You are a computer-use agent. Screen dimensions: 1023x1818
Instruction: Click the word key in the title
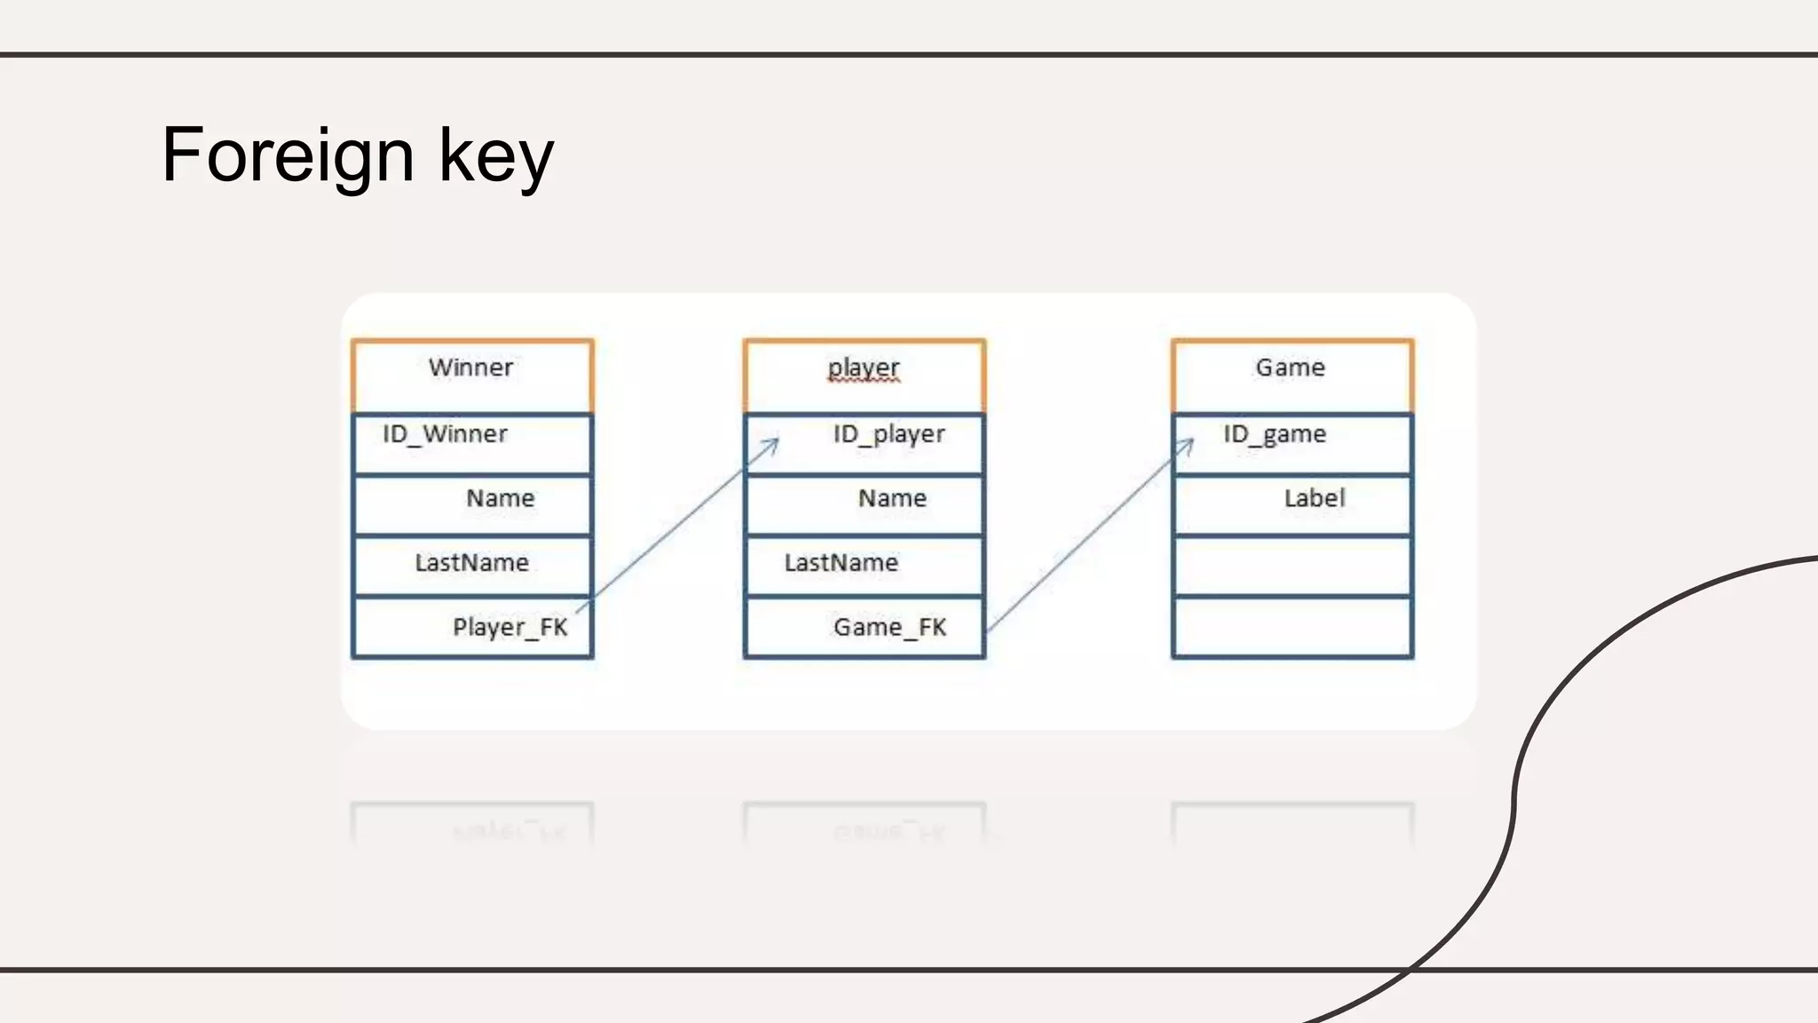click(x=495, y=156)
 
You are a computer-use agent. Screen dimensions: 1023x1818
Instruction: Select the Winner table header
click(x=471, y=368)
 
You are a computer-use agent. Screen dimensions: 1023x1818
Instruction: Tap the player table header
click(x=864, y=368)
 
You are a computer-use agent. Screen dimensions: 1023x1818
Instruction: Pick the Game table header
click(x=1290, y=368)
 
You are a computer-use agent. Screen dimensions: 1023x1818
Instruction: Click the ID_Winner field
click(x=445, y=434)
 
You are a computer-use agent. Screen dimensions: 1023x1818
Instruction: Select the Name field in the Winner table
click(x=500, y=498)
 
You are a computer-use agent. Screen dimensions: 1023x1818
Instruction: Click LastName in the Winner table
click(x=471, y=563)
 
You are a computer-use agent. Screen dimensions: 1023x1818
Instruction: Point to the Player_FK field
click(x=510, y=628)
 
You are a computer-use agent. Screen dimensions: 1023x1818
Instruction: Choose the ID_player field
click(x=889, y=434)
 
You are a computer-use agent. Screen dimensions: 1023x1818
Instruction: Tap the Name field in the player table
click(x=892, y=498)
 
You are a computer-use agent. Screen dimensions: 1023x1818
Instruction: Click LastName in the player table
click(x=841, y=563)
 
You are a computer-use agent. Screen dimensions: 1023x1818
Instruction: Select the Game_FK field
click(x=889, y=628)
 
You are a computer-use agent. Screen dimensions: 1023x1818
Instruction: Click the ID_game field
click(x=1275, y=434)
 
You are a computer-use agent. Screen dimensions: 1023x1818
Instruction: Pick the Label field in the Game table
click(x=1315, y=498)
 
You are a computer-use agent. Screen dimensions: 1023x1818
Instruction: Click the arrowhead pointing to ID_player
click(x=773, y=443)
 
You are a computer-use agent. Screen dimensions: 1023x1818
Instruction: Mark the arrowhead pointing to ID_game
click(x=1188, y=443)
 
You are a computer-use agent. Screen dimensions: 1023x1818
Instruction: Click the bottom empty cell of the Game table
click(x=1292, y=628)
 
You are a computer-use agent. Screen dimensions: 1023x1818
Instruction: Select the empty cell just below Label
click(x=1292, y=565)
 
